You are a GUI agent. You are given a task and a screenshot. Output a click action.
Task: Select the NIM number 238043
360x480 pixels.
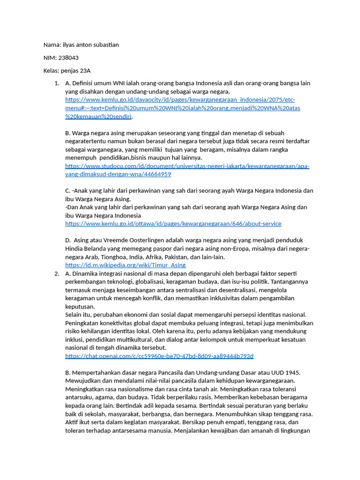(x=68, y=58)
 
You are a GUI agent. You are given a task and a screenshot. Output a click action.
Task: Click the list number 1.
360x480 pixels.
(x=56, y=83)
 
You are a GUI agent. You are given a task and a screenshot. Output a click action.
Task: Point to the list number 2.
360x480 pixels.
(x=56, y=274)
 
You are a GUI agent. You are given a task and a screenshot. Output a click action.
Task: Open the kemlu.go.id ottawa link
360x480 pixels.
(x=173, y=224)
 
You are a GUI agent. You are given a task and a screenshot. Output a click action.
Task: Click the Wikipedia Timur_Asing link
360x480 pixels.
(x=125, y=265)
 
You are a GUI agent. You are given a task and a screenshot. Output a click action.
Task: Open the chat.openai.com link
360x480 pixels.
(x=159, y=356)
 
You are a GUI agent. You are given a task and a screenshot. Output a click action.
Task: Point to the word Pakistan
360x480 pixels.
(x=173, y=257)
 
